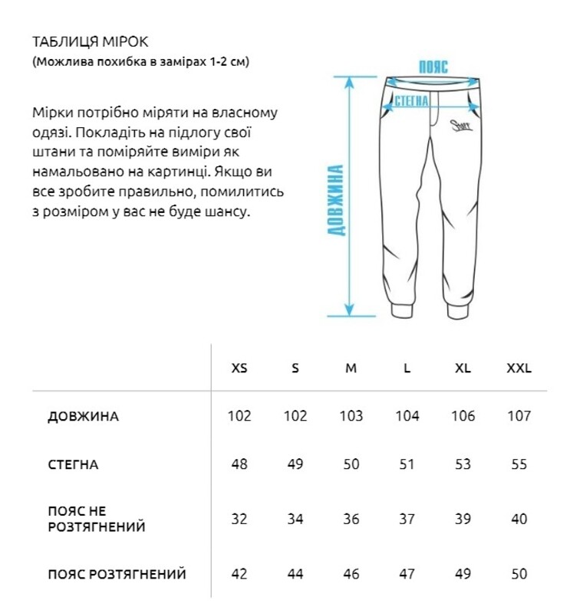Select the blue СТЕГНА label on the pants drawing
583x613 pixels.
point(410,100)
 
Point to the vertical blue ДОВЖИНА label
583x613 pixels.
point(336,200)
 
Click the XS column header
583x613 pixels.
point(239,368)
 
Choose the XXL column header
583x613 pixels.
point(519,368)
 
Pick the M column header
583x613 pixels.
point(351,368)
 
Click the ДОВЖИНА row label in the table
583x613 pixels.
point(83,417)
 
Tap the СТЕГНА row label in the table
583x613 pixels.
point(73,464)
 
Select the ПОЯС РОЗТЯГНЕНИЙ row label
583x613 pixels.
point(117,574)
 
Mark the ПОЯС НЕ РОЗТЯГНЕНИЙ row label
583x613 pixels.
point(96,519)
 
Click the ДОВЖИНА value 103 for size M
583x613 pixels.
point(351,416)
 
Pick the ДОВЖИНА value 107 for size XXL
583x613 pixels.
point(519,416)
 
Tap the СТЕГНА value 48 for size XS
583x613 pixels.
point(239,464)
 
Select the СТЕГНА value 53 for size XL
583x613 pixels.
point(463,464)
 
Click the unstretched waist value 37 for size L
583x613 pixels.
point(407,519)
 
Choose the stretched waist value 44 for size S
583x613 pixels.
point(295,574)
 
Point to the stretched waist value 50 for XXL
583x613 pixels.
point(519,574)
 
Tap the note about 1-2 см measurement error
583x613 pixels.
point(141,61)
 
